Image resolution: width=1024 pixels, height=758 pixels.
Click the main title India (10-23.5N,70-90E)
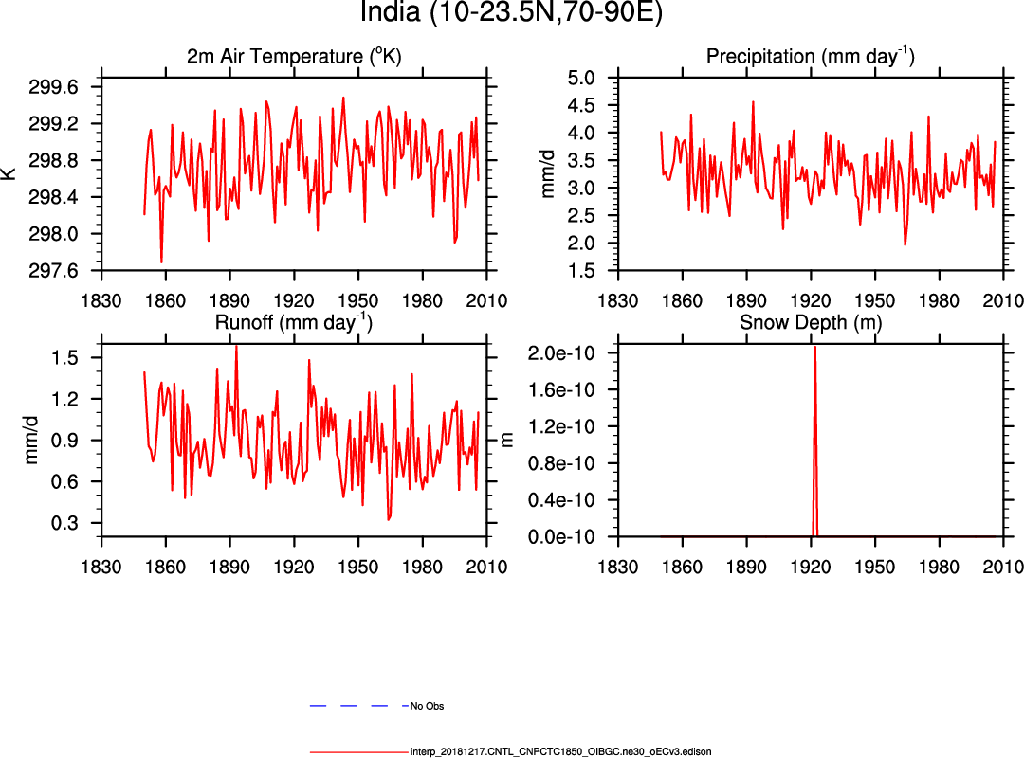512,13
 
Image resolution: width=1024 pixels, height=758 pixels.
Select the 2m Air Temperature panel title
294,57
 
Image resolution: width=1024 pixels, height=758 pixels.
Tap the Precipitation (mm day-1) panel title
811,57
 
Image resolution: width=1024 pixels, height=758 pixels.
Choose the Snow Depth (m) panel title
811,322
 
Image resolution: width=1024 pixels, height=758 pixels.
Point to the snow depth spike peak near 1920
814,348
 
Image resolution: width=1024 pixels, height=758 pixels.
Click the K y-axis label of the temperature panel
9,173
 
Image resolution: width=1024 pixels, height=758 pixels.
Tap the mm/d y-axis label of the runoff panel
32,440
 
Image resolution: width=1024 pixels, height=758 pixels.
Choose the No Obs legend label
427,706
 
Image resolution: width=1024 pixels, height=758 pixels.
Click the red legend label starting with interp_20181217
560,751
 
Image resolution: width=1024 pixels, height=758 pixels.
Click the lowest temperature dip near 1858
161,262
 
